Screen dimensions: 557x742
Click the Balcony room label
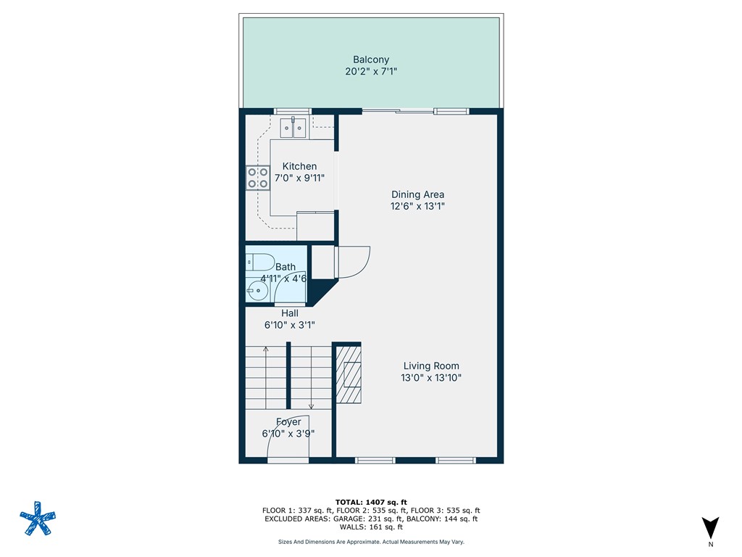[x=371, y=59]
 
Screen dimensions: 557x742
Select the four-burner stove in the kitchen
[x=257, y=178]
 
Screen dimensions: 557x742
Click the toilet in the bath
[x=259, y=262]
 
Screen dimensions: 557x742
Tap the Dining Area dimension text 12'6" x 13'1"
[x=417, y=206]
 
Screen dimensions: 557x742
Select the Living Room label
[x=431, y=366]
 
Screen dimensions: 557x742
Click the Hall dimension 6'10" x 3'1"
[x=290, y=326]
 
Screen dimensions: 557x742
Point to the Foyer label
[x=288, y=422]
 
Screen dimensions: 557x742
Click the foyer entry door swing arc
[x=290, y=435]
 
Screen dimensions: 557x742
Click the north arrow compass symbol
[x=711, y=528]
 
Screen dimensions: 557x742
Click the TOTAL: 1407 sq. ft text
[x=371, y=502]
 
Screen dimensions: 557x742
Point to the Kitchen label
[x=299, y=166]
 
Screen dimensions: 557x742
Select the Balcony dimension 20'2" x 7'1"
[x=371, y=71]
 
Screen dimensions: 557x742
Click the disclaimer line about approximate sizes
[x=371, y=542]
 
